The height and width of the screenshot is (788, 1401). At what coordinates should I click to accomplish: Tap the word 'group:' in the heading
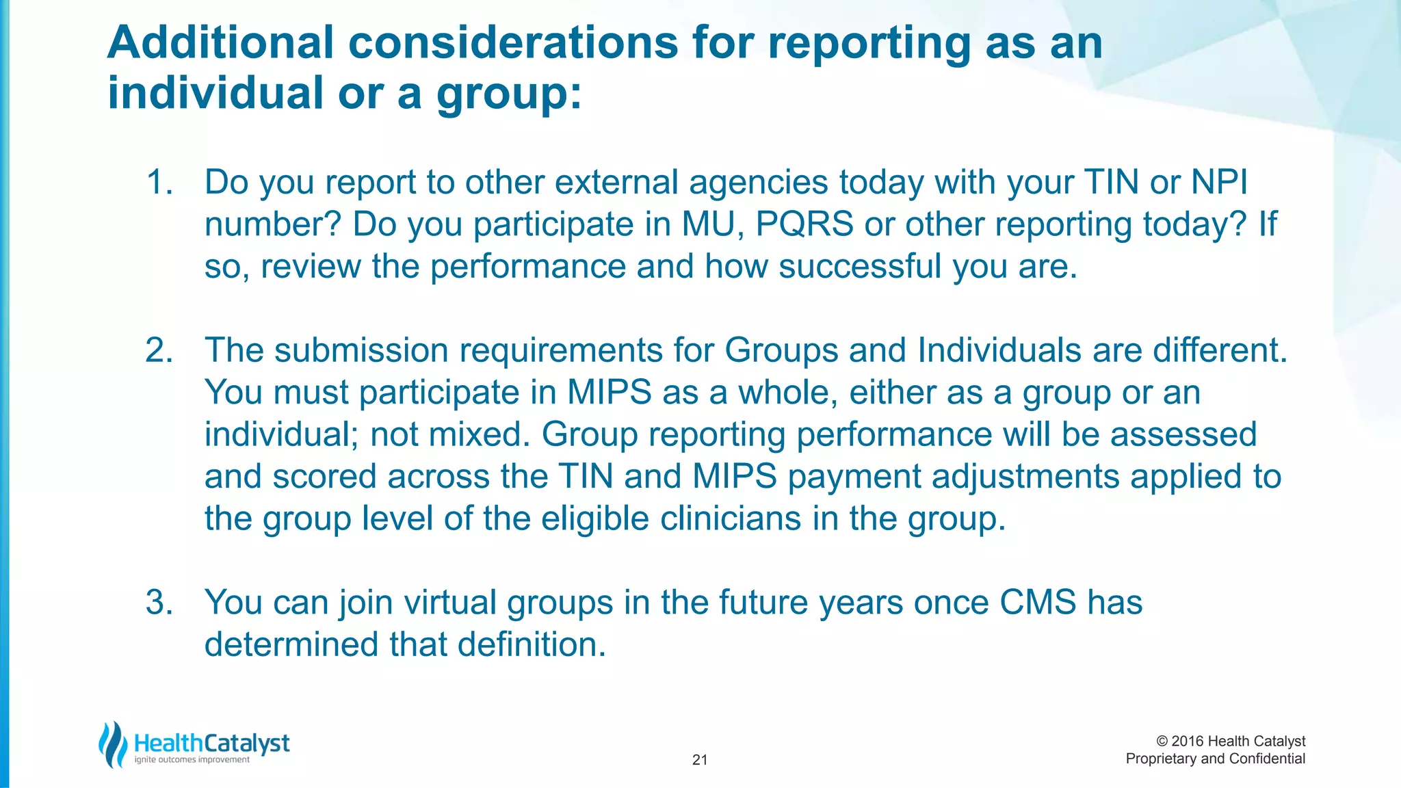509,94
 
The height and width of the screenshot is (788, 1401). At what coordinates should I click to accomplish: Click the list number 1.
159,183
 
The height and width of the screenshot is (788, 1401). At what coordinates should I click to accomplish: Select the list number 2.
159,350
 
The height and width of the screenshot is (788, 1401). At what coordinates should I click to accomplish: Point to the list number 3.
159,603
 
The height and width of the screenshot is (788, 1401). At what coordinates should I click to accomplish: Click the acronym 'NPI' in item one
1220,183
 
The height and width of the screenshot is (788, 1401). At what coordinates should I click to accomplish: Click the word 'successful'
860,266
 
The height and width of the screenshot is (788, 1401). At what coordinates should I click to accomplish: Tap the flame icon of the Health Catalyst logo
113,744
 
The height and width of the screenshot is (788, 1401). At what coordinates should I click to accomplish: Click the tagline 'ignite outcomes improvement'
192,760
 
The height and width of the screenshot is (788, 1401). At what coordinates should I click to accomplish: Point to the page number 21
700,760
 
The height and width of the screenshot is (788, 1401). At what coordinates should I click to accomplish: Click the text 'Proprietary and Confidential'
1215,759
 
